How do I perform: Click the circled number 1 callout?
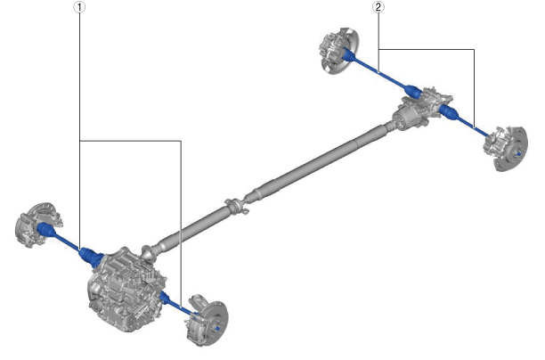79,7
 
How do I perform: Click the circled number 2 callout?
378,7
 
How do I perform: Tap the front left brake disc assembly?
37,225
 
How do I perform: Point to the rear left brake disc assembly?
337,50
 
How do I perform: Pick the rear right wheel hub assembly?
506,148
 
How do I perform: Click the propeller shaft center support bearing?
237,205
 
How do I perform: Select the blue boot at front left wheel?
46,230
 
